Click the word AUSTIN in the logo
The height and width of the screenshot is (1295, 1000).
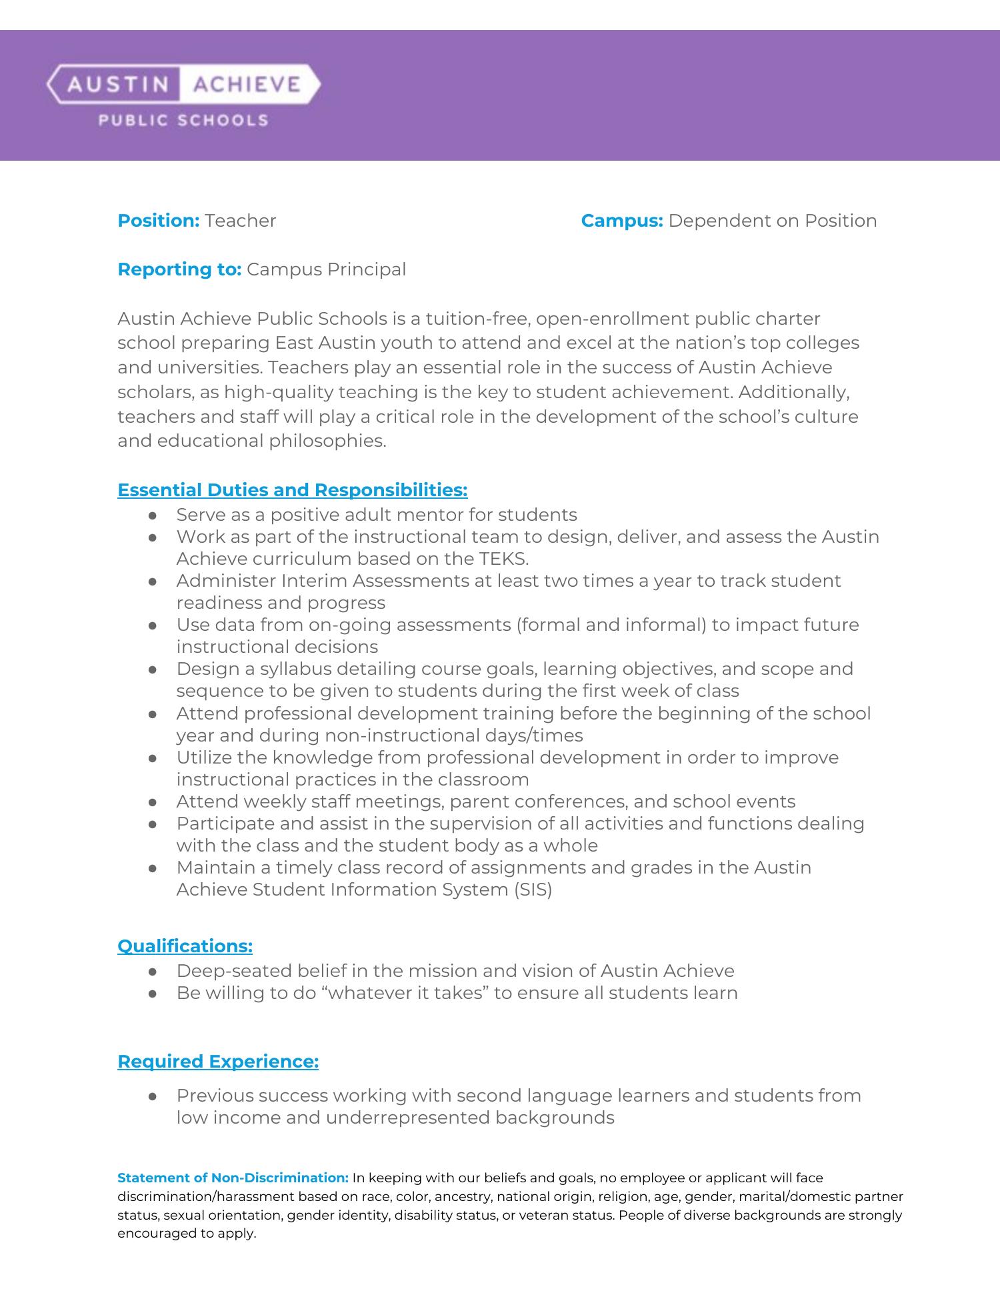pos(117,85)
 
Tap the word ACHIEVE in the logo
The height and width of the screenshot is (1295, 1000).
pos(245,85)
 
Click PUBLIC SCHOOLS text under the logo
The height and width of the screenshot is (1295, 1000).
pos(183,121)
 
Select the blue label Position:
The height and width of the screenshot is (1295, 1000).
pos(159,221)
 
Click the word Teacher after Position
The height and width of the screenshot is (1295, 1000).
pos(240,221)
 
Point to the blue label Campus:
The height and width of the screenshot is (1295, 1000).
pos(621,221)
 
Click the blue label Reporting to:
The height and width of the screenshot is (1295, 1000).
pos(179,269)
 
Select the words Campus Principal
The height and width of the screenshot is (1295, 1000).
pos(326,269)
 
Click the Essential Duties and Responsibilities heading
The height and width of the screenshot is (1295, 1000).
pos(292,490)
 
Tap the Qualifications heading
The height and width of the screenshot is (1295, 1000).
pos(185,946)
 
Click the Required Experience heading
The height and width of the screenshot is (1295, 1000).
pos(218,1062)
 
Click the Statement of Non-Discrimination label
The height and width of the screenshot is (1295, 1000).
pos(233,1178)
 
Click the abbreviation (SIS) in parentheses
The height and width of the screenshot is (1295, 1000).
pos(533,890)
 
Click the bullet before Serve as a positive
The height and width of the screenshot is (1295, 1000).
pos(153,515)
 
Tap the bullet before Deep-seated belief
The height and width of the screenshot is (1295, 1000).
pos(153,972)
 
